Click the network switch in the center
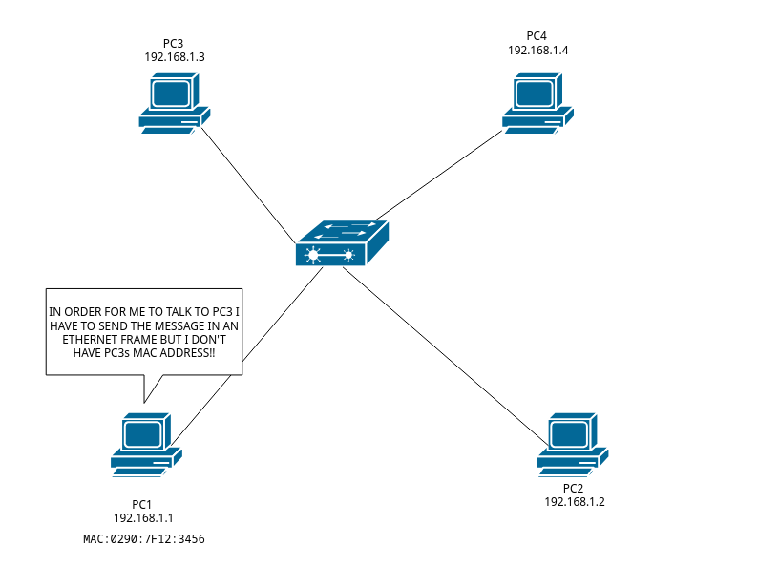pos(342,243)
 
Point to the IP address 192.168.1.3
pos(175,57)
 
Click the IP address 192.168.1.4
pos(538,50)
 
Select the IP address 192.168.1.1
pos(143,517)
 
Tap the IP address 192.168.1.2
pos(575,501)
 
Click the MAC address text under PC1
pos(144,539)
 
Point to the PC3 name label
pos(175,44)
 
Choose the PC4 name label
pos(538,36)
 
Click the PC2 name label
pos(574,488)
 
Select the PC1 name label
pos(143,504)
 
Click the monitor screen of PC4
pos(536,94)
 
